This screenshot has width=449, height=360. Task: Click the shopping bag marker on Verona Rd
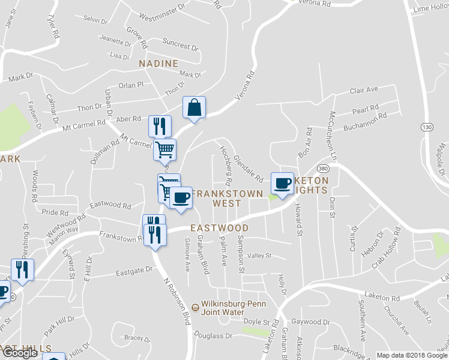click(x=194, y=108)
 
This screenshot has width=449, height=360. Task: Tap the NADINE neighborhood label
click(x=158, y=64)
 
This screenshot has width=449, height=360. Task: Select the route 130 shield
click(x=427, y=128)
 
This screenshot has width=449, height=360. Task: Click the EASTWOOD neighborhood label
click(x=219, y=229)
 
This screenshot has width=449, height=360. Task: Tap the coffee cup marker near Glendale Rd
click(x=282, y=182)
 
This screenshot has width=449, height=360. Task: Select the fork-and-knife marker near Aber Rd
click(x=160, y=126)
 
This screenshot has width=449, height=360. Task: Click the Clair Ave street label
click(x=364, y=90)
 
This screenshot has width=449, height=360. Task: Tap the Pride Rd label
click(x=55, y=212)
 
